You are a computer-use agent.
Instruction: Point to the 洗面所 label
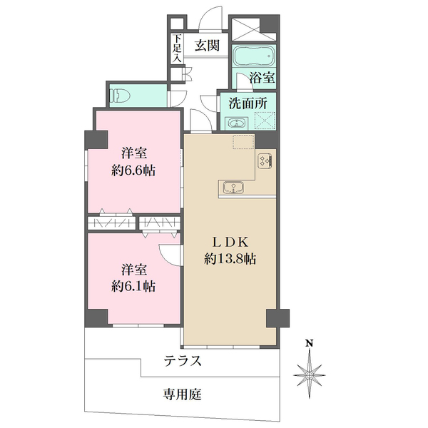[248, 103]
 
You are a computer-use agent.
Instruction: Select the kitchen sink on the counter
[233, 188]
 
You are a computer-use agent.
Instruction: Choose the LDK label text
[230, 242]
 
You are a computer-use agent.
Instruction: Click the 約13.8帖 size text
[230, 260]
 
